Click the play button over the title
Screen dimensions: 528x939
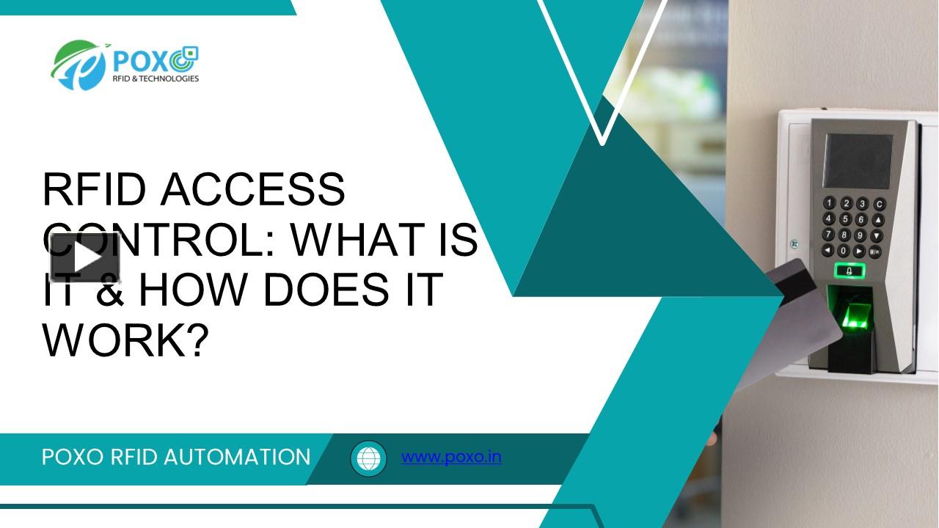[x=85, y=257]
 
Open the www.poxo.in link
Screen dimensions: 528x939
[x=451, y=457]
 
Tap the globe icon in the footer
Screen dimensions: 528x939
[x=368, y=458]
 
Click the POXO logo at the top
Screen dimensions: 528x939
[x=125, y=65]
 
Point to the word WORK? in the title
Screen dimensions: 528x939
[x=125, y=338]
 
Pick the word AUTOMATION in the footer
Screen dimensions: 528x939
[x=237, y=457]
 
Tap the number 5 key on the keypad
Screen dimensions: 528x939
[x=845, y=219]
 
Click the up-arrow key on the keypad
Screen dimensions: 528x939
[x=877, y=219]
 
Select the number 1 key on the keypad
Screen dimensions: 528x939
[x=830, y=203]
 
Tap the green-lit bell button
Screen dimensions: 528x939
[x=850, y=271]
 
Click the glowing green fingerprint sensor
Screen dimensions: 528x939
[x=852, y=315]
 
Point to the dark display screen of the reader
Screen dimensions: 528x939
[x=857, y=161]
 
